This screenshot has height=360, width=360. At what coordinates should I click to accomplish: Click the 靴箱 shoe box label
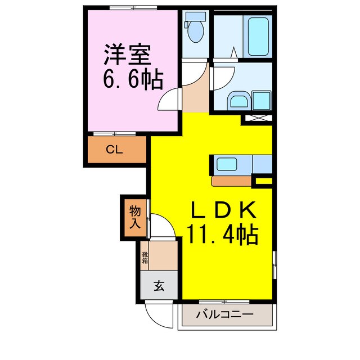[x=145, y=258]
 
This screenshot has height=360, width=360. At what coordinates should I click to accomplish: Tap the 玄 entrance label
[x=159, y=286]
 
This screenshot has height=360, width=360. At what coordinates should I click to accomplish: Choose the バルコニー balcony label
[x=224, y=314]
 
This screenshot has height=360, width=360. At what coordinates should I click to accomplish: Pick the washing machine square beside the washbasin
[x=262, y=101]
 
